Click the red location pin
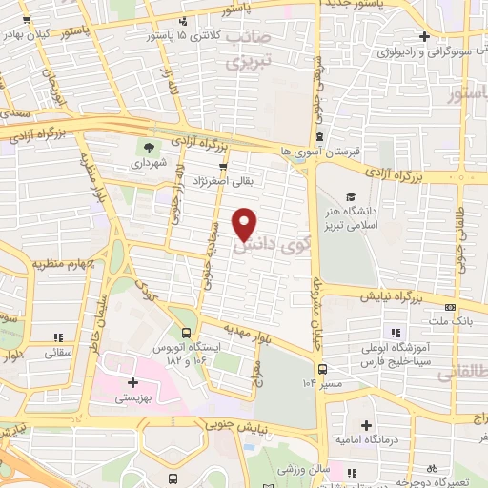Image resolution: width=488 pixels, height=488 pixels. (246, 223)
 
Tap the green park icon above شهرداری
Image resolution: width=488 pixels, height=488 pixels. (148, 146)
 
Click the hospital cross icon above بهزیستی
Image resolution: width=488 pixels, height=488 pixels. (132, 382)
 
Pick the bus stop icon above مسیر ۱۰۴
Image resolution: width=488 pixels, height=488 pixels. (322, 368)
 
